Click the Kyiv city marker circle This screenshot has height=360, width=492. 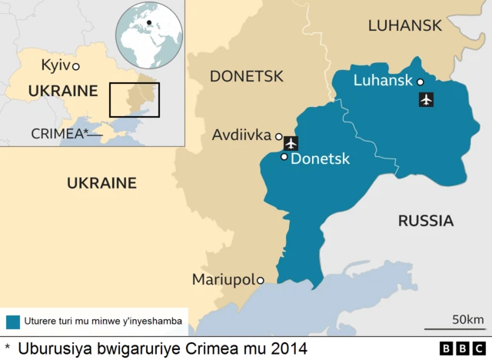click(x=76, y=67)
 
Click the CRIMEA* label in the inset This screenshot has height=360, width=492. click(x=59, y=133)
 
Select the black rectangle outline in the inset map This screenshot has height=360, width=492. click(x=134, y=98)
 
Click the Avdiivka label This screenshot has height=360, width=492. click(x=242, y=136)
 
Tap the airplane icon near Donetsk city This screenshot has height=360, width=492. click(x=291, y=142)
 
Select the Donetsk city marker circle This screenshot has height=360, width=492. click(x=284, y=157)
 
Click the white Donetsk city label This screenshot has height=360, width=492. click(x=321, y=159)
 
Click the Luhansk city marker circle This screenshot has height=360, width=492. click(x=421, y=81)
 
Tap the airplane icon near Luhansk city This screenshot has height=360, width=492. click(x=427, y=99)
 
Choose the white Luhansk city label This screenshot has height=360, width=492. click(x=383, y=81)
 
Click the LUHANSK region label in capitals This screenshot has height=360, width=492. click(x=404, y=25)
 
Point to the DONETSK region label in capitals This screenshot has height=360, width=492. click(x=246, y=76)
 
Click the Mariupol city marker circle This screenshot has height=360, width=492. click(x=261, y=280)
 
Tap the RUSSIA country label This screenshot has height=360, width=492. click(x=425, y=221)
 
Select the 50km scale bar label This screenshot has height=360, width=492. click(x=467, y=319)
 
